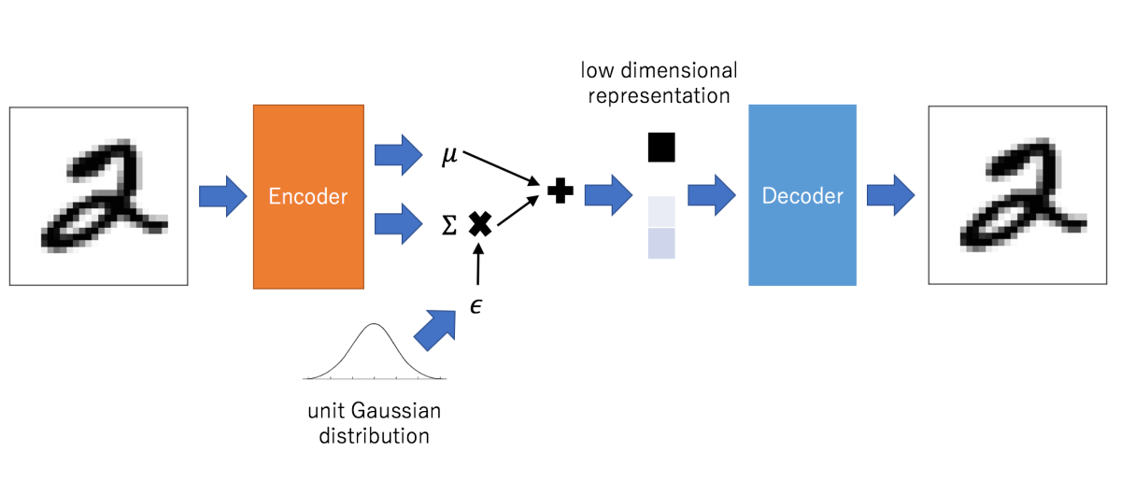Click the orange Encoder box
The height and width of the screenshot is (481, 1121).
tap(308, 197)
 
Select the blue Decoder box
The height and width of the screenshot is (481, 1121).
tap(802, 195)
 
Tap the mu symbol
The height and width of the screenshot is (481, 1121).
tap(449, 155)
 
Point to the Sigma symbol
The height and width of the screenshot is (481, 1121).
tap(449, 225)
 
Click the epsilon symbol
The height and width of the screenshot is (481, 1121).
tap(475, 305)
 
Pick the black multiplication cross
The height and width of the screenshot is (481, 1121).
tap(480, 224)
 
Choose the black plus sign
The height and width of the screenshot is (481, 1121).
tap(560, 191)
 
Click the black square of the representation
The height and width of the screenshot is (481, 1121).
tap(661, 148)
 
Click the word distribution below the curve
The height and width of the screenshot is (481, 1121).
tap(375, 436)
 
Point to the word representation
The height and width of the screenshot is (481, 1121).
tap(660, 96)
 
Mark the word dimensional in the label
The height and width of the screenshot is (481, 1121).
tap(679, 71)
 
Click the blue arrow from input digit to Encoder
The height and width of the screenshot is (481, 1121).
tap(222, 196)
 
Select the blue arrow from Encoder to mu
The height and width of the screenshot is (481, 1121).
tap(398, 155)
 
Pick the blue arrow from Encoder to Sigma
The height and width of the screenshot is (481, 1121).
tap(398, 224)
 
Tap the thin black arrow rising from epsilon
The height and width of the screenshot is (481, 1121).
tap(478, 263)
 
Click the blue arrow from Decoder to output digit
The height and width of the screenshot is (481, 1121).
tap(891, 195)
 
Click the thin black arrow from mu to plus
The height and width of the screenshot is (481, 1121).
tap(501, 168)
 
